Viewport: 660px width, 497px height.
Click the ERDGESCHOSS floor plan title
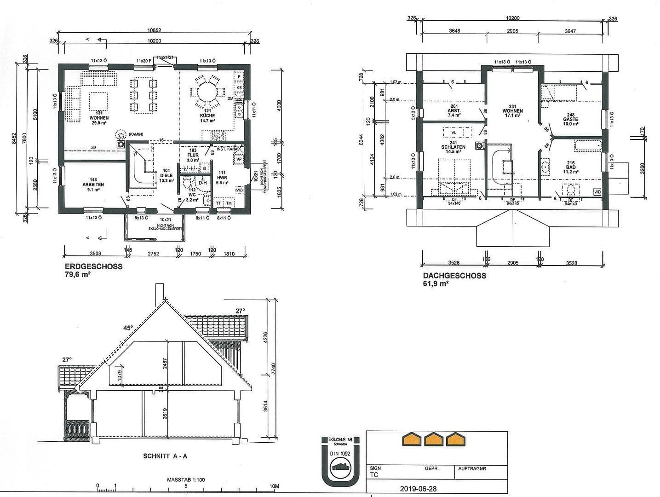point(93,266)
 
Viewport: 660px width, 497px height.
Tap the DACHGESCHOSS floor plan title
point(454,276)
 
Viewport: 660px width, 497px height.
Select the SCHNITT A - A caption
point(165,456)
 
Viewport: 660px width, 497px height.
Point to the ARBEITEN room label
point(93,185)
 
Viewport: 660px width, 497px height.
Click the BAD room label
point(570,168)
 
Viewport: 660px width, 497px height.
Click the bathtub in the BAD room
point(587,146)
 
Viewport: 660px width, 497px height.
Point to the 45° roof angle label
point(127,328)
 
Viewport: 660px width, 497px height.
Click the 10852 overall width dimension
point(154,30)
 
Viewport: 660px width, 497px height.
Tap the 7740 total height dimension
point(273,368)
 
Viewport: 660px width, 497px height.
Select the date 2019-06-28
point(418,489)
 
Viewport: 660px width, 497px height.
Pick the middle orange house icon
point(433,439)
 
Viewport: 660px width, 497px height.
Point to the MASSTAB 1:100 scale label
point(186,480)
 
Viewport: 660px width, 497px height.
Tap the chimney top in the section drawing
point(160,287)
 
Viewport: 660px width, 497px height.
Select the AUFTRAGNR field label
point(472,468)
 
